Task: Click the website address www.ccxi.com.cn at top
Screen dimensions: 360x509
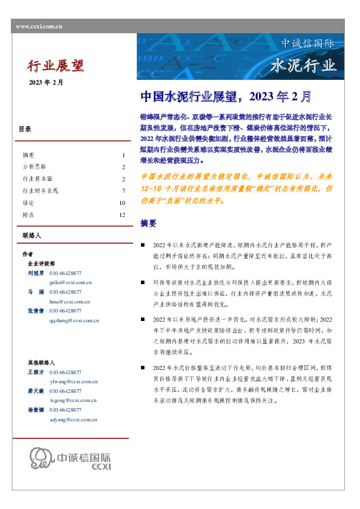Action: tap(39, 26)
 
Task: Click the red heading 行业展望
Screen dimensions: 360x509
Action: tap(56, 65)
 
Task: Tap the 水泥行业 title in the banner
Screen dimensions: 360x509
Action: tap(304, 65)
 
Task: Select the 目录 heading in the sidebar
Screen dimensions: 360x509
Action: tap(25, 129)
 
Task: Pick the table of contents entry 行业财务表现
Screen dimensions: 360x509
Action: tap(41, 190)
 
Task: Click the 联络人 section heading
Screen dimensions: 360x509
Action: tap(31, 235)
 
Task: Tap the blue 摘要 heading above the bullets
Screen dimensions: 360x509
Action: tap(148, 223)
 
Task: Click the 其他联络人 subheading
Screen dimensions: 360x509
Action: tap(41, 362)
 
